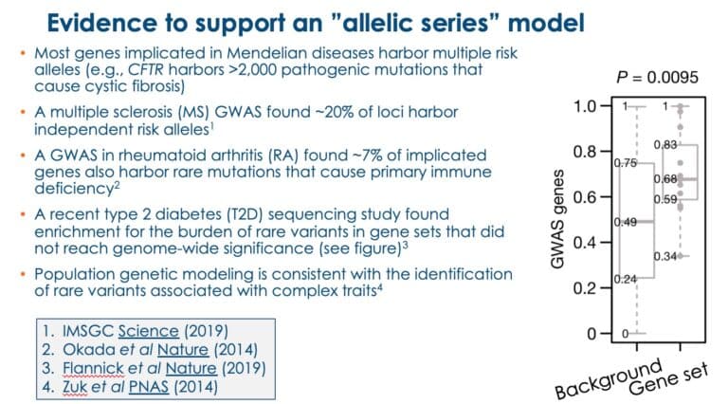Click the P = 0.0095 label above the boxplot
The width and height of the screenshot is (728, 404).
pos(657,77)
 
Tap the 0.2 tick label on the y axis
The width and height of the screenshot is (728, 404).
pos(585,288)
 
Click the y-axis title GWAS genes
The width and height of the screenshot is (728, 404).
pos(556,219)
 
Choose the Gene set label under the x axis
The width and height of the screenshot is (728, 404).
pos(669,378)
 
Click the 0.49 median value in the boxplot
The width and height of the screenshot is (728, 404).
pos(625,223)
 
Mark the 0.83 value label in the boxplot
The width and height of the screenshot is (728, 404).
pos(665,145)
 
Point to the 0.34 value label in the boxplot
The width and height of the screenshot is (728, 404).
pos(665,256)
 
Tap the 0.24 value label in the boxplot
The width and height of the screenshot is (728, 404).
pos(625,279)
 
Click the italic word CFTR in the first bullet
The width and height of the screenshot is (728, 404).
pos(145,69)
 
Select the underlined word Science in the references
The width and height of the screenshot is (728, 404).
pos(148,331)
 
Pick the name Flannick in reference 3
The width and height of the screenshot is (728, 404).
pos(93,368)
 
